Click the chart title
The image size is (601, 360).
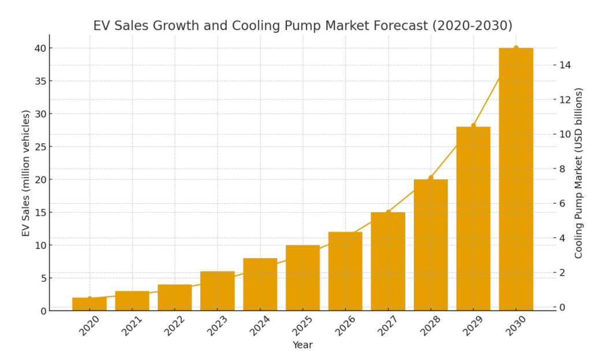[303, 26]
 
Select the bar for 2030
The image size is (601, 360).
[516, 179]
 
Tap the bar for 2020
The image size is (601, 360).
[89, 304]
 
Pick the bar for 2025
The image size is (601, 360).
[303, 277]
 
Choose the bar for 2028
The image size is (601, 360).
[431, 245]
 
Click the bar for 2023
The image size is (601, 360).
[218, 291]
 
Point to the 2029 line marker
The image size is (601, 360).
[473, 125]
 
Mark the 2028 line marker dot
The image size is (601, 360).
[431, 178]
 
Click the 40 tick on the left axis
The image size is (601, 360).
[40, 48]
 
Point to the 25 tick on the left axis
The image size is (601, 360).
[40, 147]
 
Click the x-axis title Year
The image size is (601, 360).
[303, 345]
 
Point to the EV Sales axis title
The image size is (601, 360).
[25, 173]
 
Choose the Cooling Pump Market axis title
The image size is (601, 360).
[578, 173]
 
